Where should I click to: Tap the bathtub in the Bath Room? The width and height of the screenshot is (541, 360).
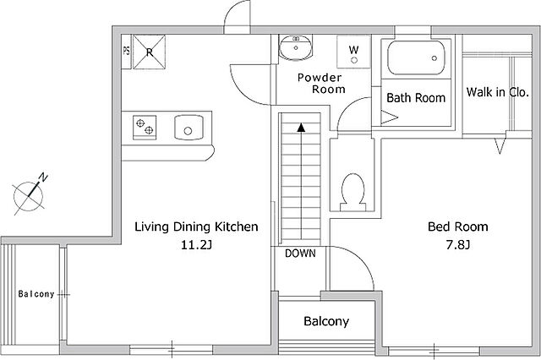[416, 58]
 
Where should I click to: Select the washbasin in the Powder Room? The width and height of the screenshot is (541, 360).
[296, 47]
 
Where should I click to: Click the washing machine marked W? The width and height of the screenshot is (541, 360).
[353, 52]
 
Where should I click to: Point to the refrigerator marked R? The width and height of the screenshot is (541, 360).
[150, 52]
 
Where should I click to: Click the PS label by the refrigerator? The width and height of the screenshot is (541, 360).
[126, 51]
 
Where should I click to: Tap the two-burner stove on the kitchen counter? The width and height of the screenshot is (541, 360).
[145, 128]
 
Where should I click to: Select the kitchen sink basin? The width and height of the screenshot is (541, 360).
[189, 128]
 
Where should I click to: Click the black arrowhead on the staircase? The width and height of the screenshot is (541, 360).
[301, 128]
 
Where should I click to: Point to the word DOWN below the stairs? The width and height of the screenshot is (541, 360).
[300, 254]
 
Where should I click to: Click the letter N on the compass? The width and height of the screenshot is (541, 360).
[43, 177]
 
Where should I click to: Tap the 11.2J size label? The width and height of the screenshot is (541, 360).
[196, 245]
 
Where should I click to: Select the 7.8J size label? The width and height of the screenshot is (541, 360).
[458, 245]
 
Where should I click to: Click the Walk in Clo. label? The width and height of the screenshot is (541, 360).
[498, 92]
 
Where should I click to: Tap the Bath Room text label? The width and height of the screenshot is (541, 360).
[416, 98]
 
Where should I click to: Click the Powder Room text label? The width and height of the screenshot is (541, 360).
[321, 83]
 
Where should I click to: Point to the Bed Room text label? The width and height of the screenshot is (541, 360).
[458, 226]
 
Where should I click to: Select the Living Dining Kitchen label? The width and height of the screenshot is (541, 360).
[196, 226]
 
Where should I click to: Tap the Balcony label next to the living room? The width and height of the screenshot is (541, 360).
[36, 294]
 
